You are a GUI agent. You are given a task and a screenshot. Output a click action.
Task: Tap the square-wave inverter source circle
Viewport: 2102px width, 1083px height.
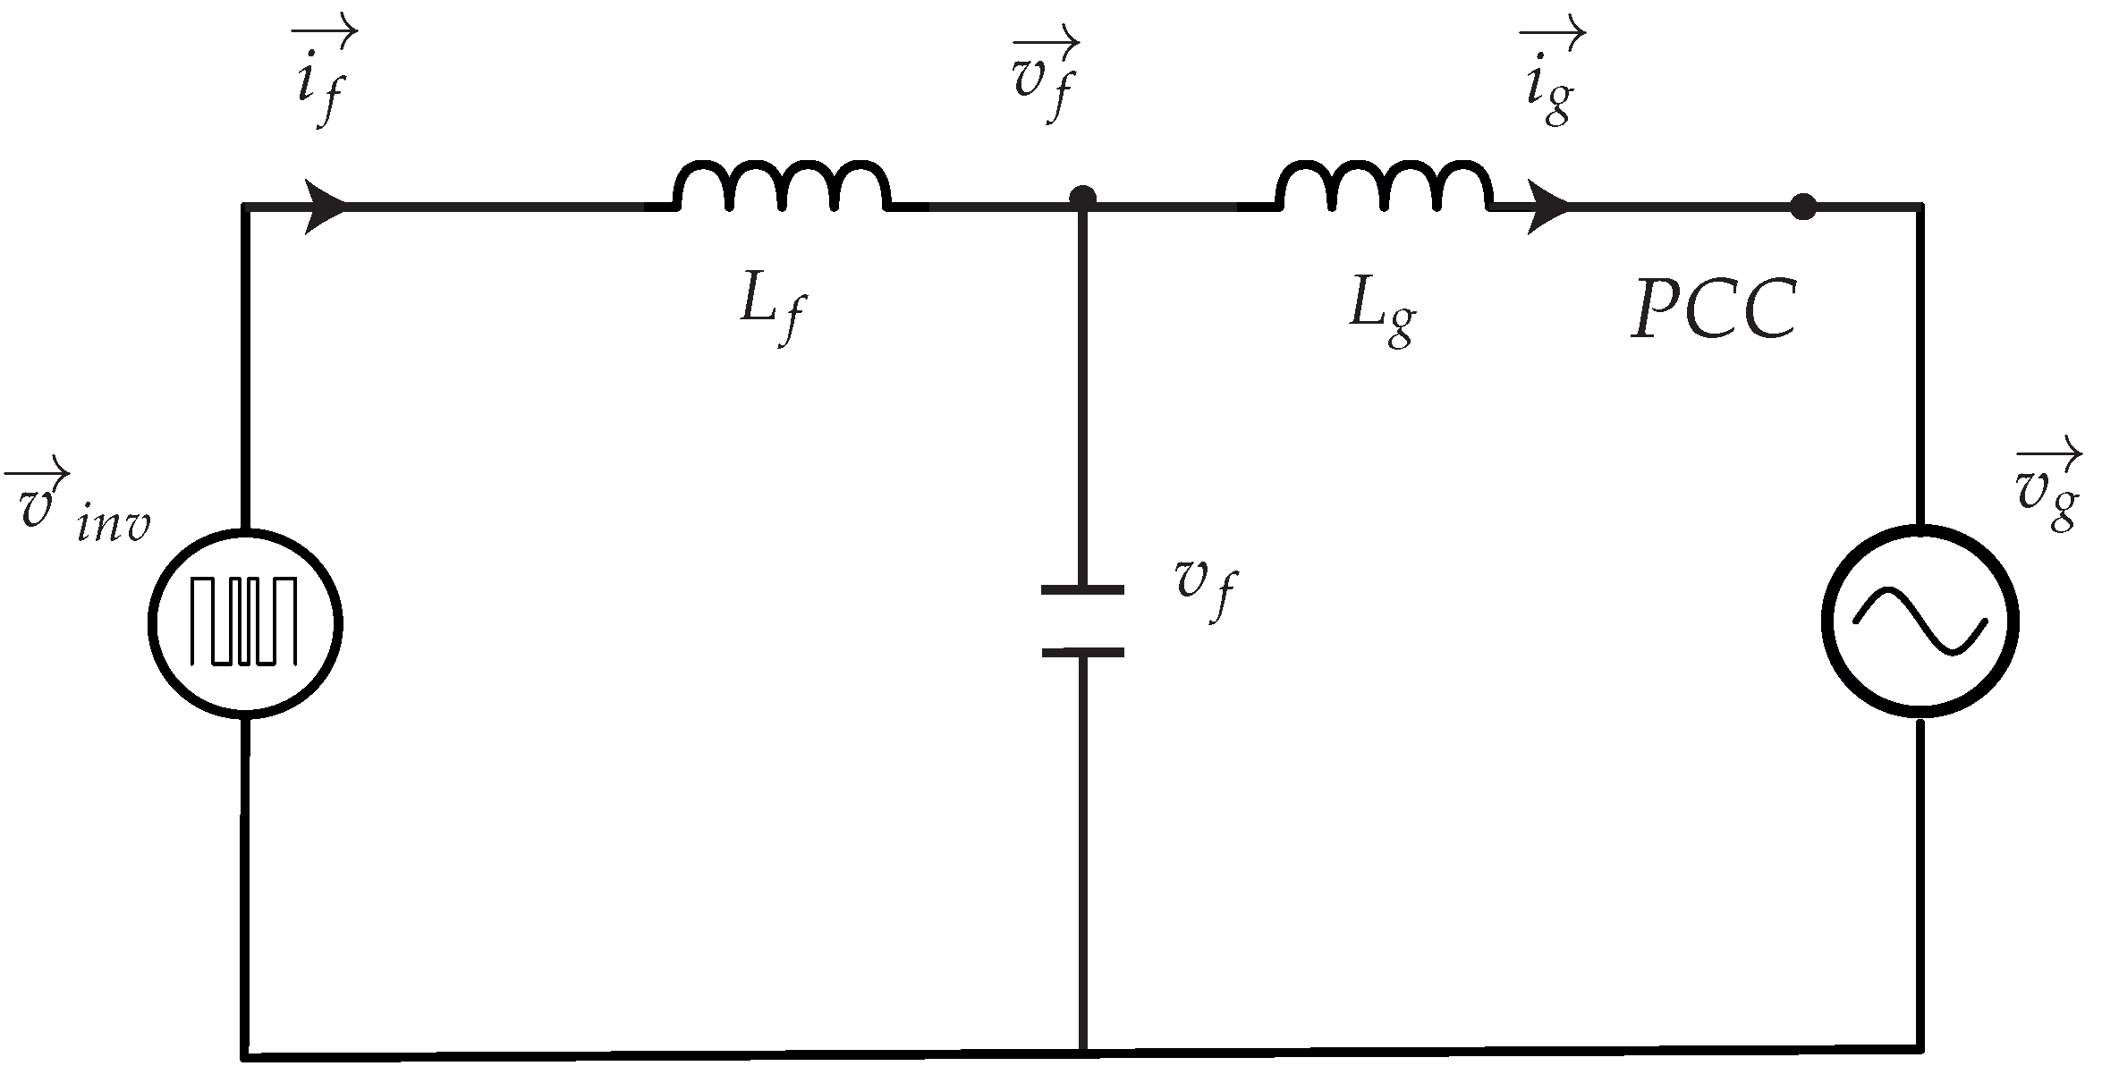click(x=245, y=622)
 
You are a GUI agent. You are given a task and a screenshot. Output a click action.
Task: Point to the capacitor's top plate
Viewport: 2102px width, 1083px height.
click(x=1082, y=590)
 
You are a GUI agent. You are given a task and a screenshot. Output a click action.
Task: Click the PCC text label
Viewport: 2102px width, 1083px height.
click(x=1713, y=310)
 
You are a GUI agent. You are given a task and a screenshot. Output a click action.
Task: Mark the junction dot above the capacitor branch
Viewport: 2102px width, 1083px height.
click(x=1082, y=197)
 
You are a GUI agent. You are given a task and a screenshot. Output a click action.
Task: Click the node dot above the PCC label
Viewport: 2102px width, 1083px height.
click(x=1803, y=207)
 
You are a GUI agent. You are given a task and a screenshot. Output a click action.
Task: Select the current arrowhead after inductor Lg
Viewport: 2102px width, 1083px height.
click(x=1547, y=207)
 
